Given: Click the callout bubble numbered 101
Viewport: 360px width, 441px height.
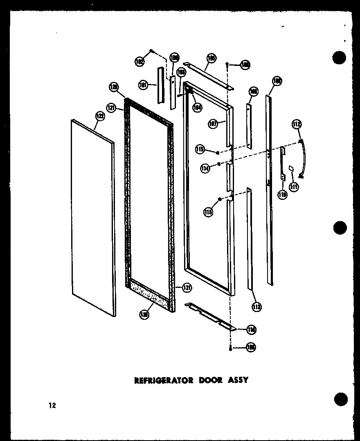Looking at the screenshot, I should click(x=143, y=85).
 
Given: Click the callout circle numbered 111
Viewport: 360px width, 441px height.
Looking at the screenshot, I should click(x=293, y=187).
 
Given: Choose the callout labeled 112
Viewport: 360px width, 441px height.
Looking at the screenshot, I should click(x=297, y=124).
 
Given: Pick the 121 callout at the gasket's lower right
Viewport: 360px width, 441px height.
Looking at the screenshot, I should click(x=187, y=288).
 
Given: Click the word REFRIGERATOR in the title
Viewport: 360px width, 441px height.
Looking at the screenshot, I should click(x=164, y=380).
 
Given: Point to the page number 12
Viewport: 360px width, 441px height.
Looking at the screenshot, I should click(x=52, y=406).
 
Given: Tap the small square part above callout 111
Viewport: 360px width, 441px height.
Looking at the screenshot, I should click(x=291, y=167).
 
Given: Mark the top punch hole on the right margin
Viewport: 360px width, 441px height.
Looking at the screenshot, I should click(x=339, y=58).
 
